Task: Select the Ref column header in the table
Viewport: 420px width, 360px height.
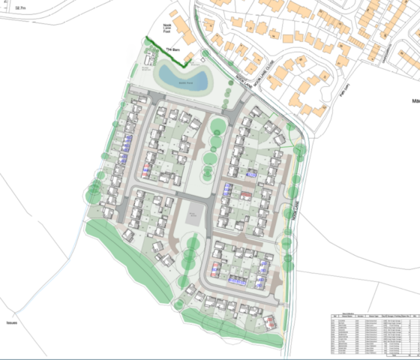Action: (x=334, y=317)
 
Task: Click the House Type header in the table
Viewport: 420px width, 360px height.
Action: (x=373, y=317)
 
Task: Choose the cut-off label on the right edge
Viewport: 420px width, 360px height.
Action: (x=415, y=99)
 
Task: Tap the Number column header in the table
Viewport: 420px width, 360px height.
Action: (x=359, y=317)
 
